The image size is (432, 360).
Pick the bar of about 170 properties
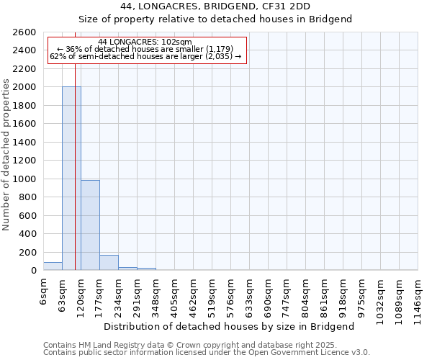109,263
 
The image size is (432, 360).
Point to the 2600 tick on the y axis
24,32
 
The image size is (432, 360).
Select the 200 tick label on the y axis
27,253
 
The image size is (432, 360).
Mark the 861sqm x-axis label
325,293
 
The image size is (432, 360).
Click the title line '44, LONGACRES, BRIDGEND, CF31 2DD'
215,6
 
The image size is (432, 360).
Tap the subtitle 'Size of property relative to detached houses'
215,19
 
